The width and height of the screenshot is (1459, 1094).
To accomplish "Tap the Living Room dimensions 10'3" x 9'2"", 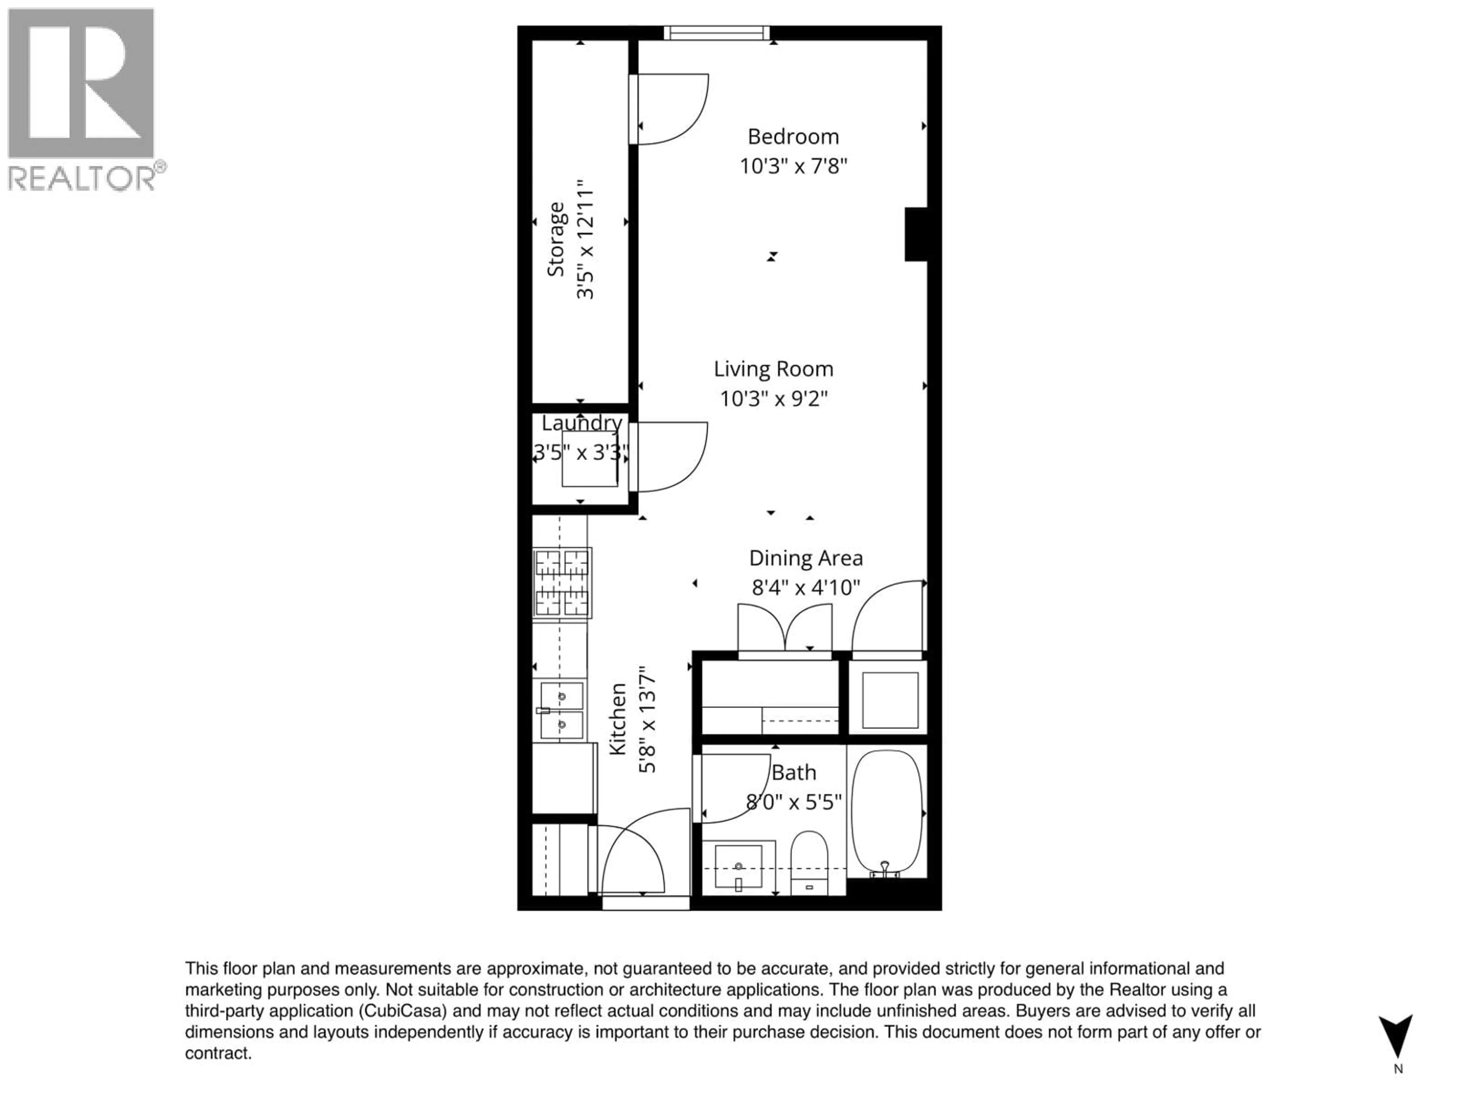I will click(x=773, y=398).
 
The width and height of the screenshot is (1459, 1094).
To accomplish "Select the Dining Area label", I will click(x=805, y=558).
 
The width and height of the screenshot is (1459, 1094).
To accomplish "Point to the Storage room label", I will click(x=556, y=239).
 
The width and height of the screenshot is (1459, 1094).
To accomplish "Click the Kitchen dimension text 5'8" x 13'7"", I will click(x=647, y=719).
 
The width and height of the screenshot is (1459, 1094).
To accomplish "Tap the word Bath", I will click(x=793, y=772).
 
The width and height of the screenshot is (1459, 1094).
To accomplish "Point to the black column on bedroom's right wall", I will click(x=916, y=234).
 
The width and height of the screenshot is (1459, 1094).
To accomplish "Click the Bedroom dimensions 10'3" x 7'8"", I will click(x=793, y=166).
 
